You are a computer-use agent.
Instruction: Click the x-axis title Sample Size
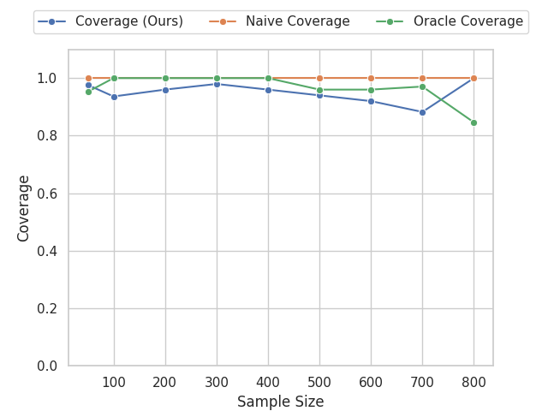coord(280,402)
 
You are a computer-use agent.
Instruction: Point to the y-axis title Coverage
coord(24,208)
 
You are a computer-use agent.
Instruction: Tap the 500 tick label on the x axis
coord(319,382)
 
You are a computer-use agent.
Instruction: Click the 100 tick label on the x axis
coord(114,382)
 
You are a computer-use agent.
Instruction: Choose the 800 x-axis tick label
coord(474,382)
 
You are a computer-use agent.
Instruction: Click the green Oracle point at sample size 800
coord(474,122)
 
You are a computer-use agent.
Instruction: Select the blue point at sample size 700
coord(422,112)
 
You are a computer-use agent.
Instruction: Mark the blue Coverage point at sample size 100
coord(114,97)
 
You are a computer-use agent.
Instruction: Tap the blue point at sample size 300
coord(217,84)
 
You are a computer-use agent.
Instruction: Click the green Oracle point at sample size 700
coord(422,86)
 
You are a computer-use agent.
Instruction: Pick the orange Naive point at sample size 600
coord(371,78)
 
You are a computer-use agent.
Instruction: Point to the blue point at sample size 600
coord(371,101)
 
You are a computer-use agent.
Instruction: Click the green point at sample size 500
coord(319,90)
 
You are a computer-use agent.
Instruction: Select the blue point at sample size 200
coord(165,90)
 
